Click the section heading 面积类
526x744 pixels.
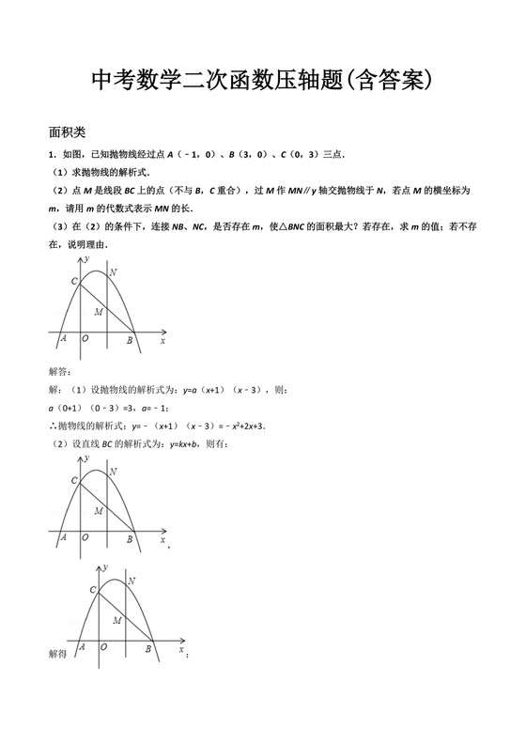[x=67, y=132]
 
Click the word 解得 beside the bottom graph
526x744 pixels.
[x=58, y=652]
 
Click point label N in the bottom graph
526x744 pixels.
[x=131, y=582]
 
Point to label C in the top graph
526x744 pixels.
[x=74, y=280]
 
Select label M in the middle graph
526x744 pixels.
[x=99, y=510]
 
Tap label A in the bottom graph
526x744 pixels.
[x=82, y=647]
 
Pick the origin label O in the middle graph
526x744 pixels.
[x=85, y=538]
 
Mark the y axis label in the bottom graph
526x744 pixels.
[x=106, y=568]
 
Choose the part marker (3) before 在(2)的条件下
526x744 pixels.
[x=57, y=226]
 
